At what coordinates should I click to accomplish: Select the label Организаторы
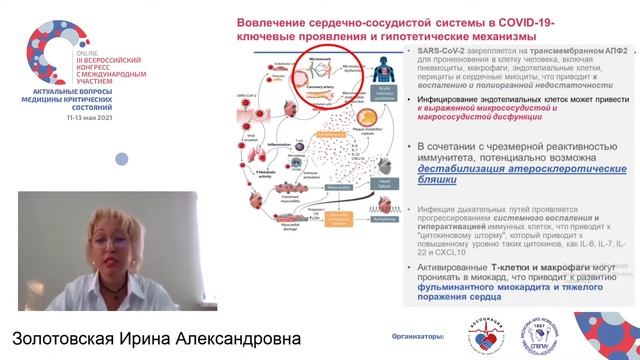tap(415, 337)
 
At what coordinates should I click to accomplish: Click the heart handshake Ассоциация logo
tap(472, 337)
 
